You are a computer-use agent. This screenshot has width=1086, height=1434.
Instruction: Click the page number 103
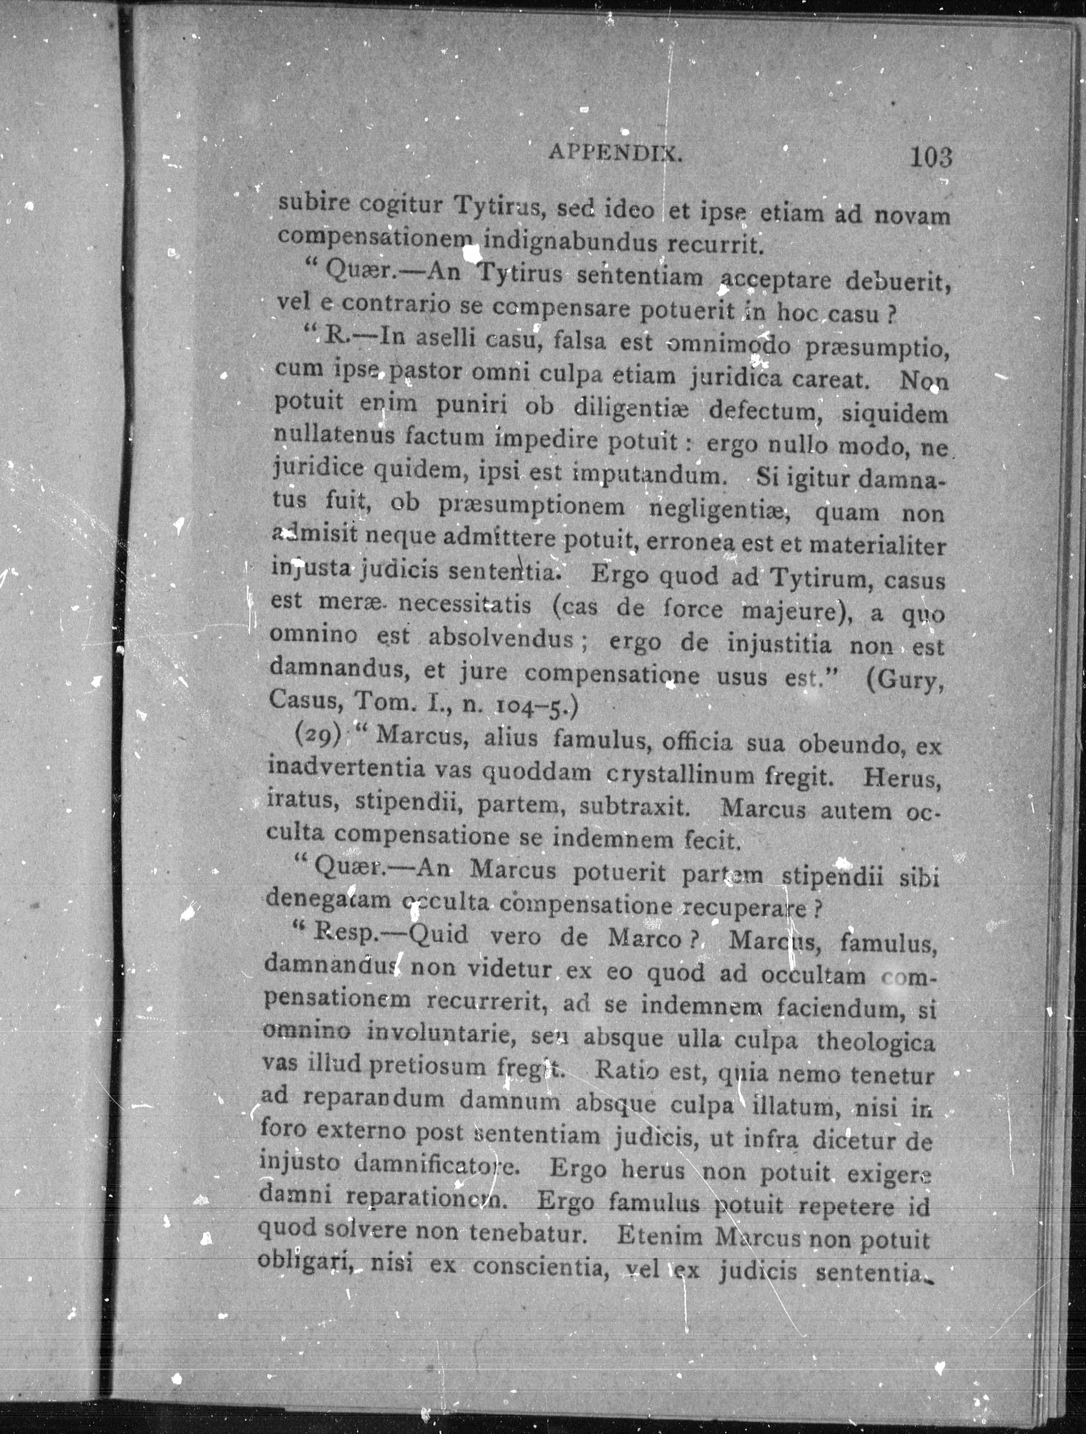point(931,157)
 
